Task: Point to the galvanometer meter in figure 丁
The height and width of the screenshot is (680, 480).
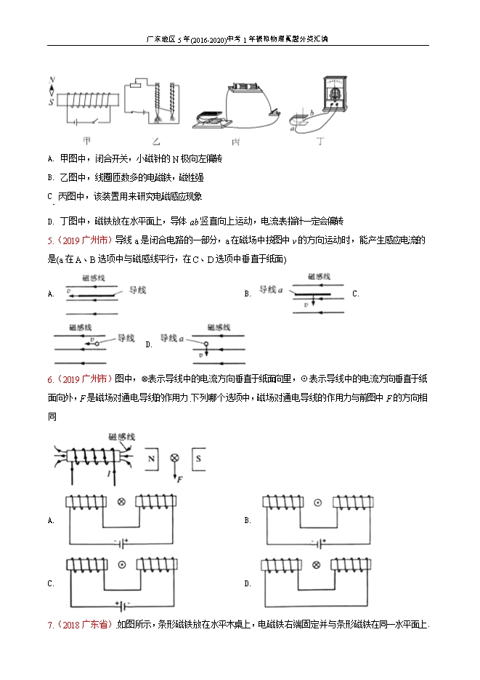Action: point(335,93)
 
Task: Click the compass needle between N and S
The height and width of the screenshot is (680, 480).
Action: point(52,90)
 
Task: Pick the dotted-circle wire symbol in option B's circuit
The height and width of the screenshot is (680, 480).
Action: point(317,502)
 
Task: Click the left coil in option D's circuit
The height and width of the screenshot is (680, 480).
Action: point(282,564)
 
